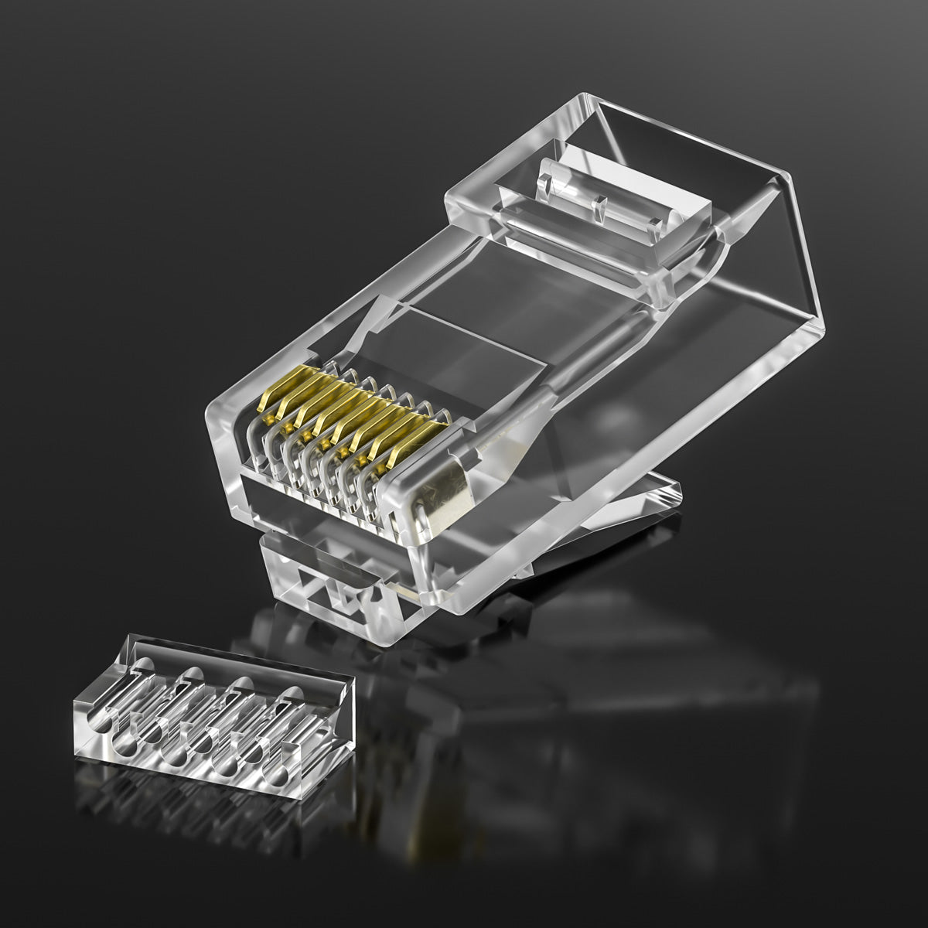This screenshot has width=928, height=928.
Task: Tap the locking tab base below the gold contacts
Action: coord(325,576)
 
